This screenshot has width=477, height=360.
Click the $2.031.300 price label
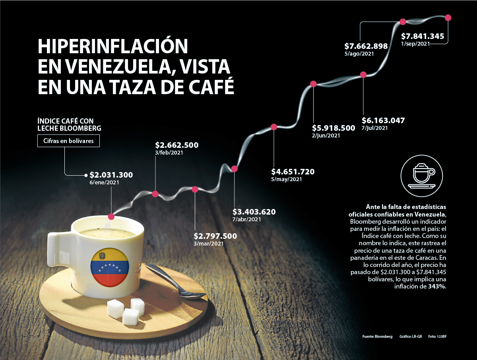[111, 175]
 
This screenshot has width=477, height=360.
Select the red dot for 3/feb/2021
[155, 194]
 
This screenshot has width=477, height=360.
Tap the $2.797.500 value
[215, 236]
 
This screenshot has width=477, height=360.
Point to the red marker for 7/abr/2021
[235, 169]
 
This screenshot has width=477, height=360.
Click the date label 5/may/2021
[286, 179]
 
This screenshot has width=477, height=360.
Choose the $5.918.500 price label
[333, 128]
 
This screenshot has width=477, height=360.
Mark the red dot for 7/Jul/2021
[363, 75]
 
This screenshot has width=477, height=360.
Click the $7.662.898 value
[366, 46]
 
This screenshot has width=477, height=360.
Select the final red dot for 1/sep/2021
[448, 17]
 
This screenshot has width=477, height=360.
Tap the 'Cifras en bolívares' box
[68, 141]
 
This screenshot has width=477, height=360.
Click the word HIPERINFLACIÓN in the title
[112, 46]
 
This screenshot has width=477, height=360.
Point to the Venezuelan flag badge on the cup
[109, 267]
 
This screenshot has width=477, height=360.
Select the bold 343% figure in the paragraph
[438, 286]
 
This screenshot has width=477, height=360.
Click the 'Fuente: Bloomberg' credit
[377, 337]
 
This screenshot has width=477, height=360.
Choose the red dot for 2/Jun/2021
[313, 84]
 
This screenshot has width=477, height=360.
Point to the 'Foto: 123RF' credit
[440, 337]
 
